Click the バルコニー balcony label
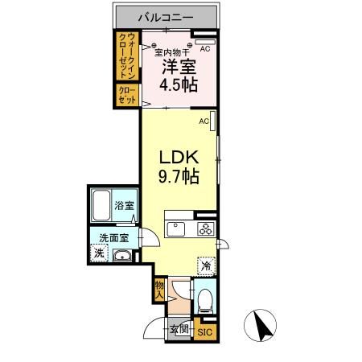tap(165, 15)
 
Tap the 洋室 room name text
tap(179, 68)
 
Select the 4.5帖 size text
tap(179, 86)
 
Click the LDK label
tap(179, 155)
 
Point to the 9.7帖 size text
tap(179, 175)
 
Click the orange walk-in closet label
tap(127, 55)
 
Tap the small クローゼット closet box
tap(127, 95)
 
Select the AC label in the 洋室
tap(205, 49)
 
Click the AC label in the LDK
tap(204, 121)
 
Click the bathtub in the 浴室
tap(101, 206)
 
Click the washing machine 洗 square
tap(98, 254)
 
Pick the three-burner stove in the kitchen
tap(205, 228)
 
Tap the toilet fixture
tap(204, 301)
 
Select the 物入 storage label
tap(160, 289)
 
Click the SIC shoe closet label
tap(204, 331)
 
